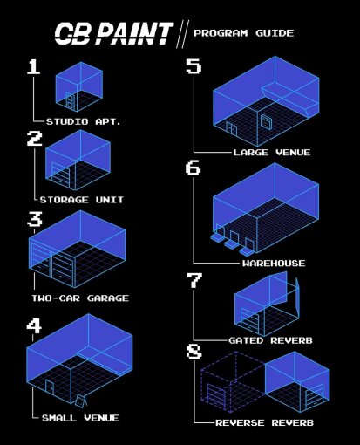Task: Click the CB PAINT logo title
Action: click(113, 33)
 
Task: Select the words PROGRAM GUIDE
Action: click(243, 34)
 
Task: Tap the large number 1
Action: click(34, 69)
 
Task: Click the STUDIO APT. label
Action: click(83, 121)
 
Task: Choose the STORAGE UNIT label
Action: click(85, 200)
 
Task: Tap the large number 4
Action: click(34, 327)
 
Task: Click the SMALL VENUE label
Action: click(80, 418)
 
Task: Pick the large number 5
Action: click(194, 67)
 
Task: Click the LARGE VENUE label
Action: click(271, 153)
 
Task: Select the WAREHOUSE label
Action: click(274, 263)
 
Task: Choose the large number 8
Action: click(194, 353)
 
